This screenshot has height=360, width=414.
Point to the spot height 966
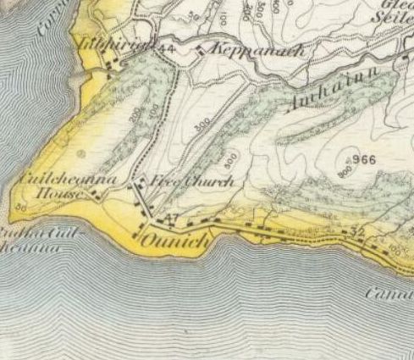365,159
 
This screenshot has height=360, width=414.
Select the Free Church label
191,181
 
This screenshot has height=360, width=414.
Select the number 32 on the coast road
356,230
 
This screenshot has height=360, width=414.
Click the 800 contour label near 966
344,172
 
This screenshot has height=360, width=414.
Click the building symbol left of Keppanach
200,50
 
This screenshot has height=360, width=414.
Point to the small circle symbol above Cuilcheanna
81,154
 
